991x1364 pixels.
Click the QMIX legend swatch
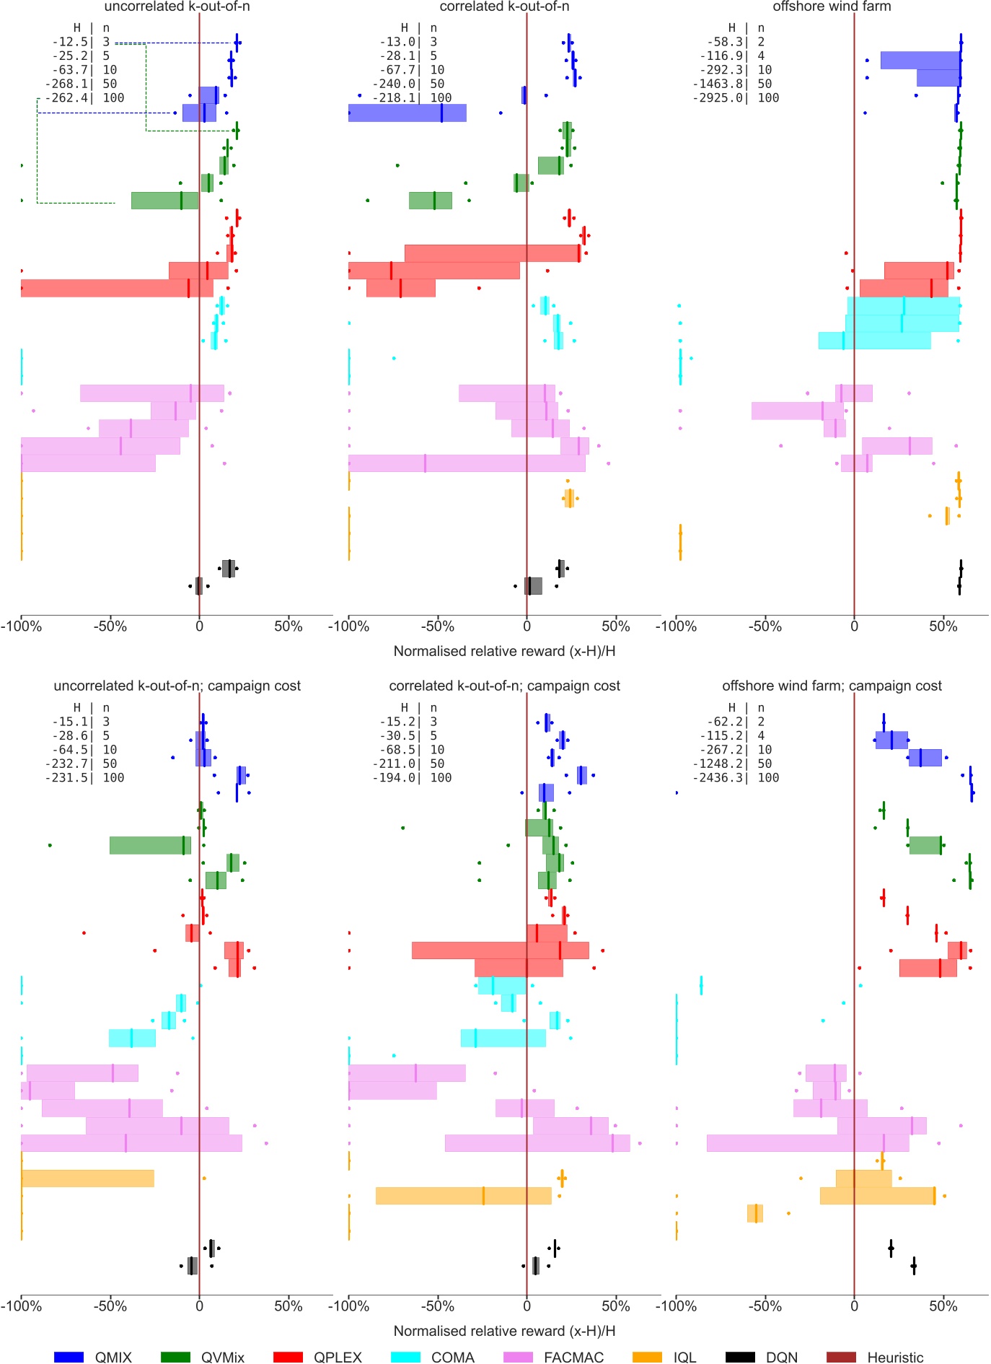69,1357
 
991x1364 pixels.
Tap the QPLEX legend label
338,1357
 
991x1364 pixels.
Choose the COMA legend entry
452,1357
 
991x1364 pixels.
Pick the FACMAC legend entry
573,1357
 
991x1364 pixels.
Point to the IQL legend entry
684,1357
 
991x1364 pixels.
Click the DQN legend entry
781,1357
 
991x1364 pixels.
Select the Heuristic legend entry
894,1357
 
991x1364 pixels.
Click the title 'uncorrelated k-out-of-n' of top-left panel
177,6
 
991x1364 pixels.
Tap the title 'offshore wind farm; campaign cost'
832,686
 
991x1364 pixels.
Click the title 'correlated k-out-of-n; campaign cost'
504,686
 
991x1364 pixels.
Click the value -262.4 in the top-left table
69,98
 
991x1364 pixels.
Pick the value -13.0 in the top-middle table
397,42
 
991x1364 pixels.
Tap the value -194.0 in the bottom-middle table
397,778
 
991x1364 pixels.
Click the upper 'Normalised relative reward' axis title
504,651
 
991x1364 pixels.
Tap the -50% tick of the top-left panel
110,626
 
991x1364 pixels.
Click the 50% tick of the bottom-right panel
943,1306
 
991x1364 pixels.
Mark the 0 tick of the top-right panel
854,626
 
